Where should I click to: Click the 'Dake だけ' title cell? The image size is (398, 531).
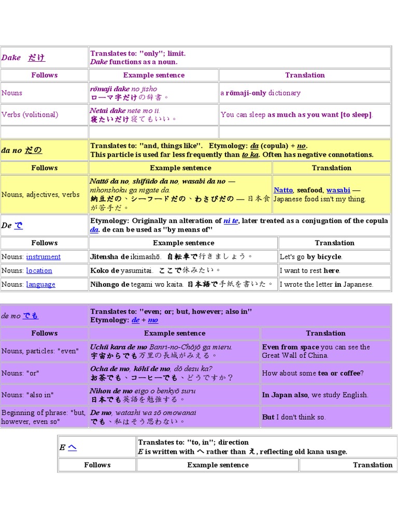point(23,58)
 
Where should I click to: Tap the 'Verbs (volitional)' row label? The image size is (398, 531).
point(30,115)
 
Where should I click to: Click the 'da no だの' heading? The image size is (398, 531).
point(22,150)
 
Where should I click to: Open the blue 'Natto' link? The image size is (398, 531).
point(283,190)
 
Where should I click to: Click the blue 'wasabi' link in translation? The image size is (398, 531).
point(338,190)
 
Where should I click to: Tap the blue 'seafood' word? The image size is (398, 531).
point(309,190)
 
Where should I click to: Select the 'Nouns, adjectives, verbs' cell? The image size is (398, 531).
point(40,194)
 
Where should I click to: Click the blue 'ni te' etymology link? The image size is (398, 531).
point(231,221)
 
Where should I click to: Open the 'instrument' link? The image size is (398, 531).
point(43,257)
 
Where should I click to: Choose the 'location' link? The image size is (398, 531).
point(39,271)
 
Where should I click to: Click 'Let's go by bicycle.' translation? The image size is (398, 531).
point(311,257)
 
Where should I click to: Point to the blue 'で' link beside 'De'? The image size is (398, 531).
point(19,226)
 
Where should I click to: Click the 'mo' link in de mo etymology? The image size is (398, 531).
point(153,320)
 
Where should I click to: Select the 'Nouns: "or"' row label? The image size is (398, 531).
point(21,373)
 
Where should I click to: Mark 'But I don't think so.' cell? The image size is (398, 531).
point(294,417)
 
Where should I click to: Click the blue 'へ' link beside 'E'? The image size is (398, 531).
point(72,447)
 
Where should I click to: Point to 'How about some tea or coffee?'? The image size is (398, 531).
point(312,373)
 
